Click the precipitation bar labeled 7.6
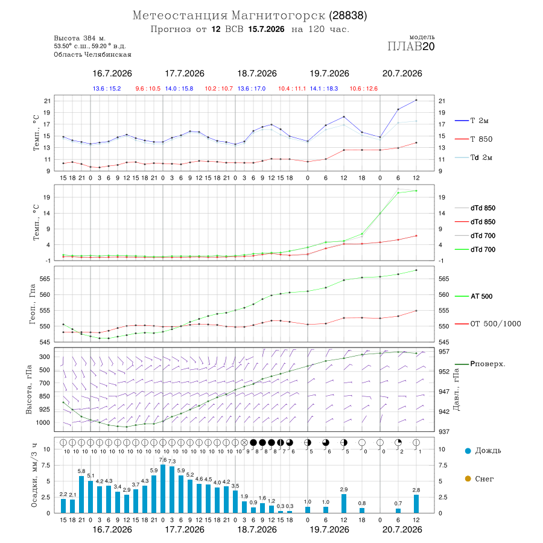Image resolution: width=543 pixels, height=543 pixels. pyautogui.click(x=163, y=489)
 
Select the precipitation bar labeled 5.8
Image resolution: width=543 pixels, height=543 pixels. pyautogui.click(x=81, y=495)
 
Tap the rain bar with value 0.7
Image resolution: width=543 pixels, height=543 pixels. pyautogui.click(x=398, y=510)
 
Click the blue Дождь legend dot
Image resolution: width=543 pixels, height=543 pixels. pyautogui.click(x=468, y=451)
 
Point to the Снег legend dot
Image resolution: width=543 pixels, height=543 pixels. pyautogui.click(x=468, y=479)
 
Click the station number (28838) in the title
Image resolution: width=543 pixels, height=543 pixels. pyautogui.click(x=348, y=16)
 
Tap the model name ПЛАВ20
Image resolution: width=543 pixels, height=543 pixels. pyautogui.click(x=411, y=46)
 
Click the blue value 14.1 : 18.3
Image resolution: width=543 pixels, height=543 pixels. pyautogui.click(x=324, y=89)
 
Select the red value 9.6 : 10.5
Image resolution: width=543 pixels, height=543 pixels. pyautogui.click(x=148, y=89)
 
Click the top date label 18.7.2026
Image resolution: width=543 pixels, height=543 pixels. pyautogui.click(x=257, y=74)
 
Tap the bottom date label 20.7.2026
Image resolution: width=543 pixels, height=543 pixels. pyautogui.click(x=402, y=530)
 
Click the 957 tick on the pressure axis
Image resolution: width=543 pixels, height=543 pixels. pyautogui.click(x=444, y=352)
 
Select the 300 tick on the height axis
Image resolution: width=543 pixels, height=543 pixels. pyautogui.click(x=45, y=357)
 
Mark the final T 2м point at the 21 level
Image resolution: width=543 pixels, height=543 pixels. pyautogui.click(x=416, y=100)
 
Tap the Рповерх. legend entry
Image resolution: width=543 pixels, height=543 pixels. pyautogui.click(x=480, y=364)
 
